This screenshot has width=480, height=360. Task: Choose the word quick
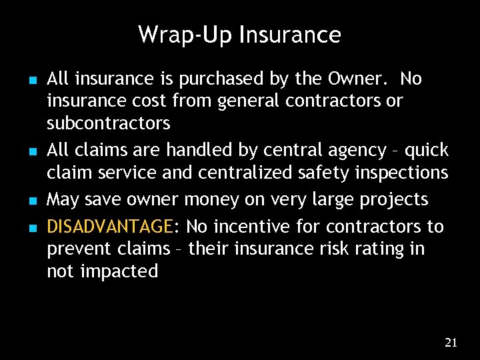pos(427,151)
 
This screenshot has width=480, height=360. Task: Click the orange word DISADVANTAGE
pos(109,227)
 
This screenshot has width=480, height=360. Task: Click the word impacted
pos(121,271)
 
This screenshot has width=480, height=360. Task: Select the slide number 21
pos(451,343)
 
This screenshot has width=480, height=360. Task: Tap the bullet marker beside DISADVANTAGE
pos(33,228)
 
